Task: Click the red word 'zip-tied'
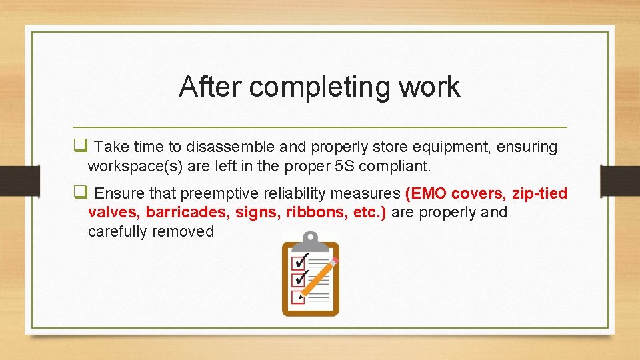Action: (x=539, y=194)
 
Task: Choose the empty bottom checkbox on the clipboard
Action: (x=298, y=297)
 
